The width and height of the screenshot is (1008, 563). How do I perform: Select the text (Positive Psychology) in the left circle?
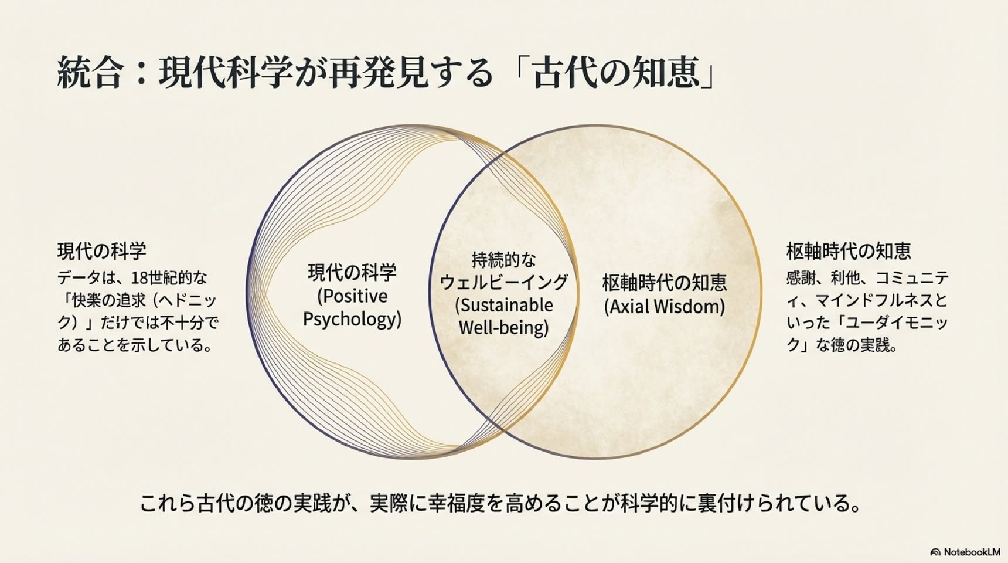352,307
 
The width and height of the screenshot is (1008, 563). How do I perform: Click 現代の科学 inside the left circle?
352,272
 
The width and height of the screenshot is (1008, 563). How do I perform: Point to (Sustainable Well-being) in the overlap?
504,316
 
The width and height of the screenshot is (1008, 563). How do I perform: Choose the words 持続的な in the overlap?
504,259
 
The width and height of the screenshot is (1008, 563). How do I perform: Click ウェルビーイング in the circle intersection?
504,282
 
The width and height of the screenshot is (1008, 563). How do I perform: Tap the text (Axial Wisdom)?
665,306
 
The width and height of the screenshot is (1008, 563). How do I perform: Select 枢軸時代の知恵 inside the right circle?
665,283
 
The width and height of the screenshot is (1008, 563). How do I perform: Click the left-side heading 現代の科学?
102,251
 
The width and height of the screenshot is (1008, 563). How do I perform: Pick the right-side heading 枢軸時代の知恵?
849,251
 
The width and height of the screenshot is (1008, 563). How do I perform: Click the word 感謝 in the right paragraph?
801,277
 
